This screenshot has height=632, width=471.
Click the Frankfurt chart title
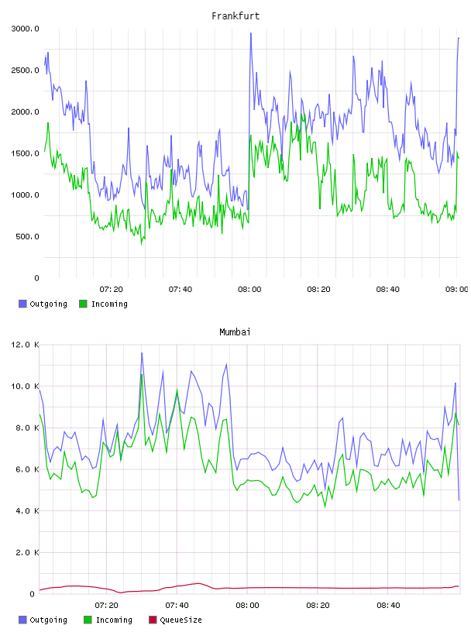pyautogui.click(x=235, y=16)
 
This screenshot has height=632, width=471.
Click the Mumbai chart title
pyautogui.click(x=235, y=332)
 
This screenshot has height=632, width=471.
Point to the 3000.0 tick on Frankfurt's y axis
pyautogui.click(x=25, y=29)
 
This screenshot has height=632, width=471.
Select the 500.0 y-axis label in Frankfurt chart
pyautogui.click(x=27, y=236)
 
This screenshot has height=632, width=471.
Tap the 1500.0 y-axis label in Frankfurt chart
pyautogui.click(x=25, y=153)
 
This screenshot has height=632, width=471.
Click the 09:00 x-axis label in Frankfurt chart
pyautogui.click(x=456, y=290)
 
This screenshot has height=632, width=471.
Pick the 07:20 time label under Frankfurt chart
pyautogui.click(x=112, y=290)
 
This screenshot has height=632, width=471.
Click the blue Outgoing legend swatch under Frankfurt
pyautogui.click(x=22, y=304)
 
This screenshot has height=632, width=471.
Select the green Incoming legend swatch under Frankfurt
pyautogui.click(x=83, y=304)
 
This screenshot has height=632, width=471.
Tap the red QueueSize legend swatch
pyautogui.click(x=153, y=620)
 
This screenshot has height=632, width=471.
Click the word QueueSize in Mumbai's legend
pyautogui.click(x=180, y=620)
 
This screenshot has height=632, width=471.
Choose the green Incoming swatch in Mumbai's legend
pyautogui.click(x=88, y=620)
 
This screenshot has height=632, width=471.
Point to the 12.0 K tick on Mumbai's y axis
pyautogui.click(x=25, y=345)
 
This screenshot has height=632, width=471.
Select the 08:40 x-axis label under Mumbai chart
pyautogui.click(x=388, y=606)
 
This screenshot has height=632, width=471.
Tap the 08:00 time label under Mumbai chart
pyautogui.click(x=248, y=606)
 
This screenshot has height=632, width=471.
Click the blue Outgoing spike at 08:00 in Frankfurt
pyautogui.click(x=251, y=33)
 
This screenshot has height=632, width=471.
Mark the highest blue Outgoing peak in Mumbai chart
pyautogui.click(x=142, y=353)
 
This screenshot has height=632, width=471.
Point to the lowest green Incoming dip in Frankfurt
pyautogui.click(x=142, y=243)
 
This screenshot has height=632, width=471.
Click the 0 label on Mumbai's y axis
pyautogui.click(x=33, y=594)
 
